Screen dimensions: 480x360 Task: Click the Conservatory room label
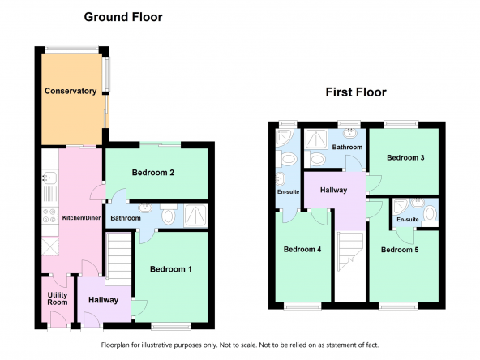pyautogui.click(x=71, y=91)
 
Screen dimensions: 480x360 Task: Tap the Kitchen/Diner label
pyautogui.click(x=81, y=218)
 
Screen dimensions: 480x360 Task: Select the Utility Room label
pyautogui.click(x=58, y=298)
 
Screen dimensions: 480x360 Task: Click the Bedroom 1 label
pyautogui.click(x=171, y=269)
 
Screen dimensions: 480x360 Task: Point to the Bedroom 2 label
pyautogui.click(x=153, y=173)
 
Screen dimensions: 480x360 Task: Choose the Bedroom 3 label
pyautogui.click(x=405, y=157)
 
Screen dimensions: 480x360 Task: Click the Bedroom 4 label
pyautogui.click(x=302, y=249)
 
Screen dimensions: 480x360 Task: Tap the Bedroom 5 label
pyautogui.click(x=400, y=250)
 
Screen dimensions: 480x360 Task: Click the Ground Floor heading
pyautogui.click(x=123, y=17)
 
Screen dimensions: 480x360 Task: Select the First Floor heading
pyautogui.click(x=356, y=92)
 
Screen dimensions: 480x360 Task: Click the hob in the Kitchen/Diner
pyautogui.click(x=50, y=215)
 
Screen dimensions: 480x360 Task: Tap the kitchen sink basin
pyautogui.click(x=49, y=178)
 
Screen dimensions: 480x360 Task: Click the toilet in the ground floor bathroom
pyautogui.click(x=168, y=213)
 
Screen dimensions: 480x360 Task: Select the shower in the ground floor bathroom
pyautogui.click(x=195, y=215)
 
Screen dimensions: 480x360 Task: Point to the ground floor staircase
pyautogui.click(x=118, y=259)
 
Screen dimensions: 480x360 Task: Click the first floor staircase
pyautogui.click(x=350, y=251)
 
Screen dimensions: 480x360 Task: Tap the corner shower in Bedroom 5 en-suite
pyautogui.click(x=401, y=207)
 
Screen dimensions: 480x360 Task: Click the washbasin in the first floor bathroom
pyautogui.click(x=349, y=133)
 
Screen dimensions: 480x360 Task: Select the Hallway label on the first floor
pyautogui.click(x=334, y=190)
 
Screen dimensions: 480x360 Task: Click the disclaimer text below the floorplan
pyautogui.click(x=240, y=345)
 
